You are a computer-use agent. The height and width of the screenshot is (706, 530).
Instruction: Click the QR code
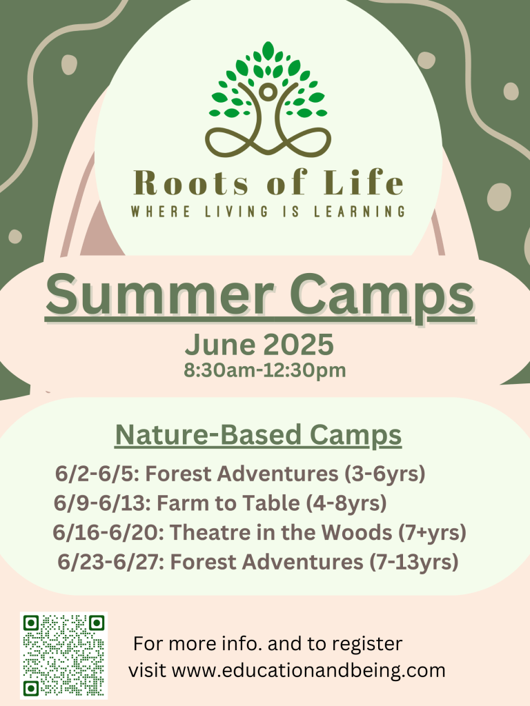tap(63, 655)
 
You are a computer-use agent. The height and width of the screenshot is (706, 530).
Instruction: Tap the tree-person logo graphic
tap(268, 99)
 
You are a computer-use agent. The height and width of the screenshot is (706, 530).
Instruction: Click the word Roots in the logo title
tap(191, 183)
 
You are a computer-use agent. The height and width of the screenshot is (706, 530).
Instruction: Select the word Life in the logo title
tap(363, 182)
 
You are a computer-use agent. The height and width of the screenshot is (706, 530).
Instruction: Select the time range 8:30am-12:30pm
tap(264, 370)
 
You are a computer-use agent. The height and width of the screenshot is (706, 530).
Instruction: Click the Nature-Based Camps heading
tap(258, 435)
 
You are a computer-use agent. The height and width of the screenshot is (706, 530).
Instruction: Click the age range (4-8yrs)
tap(346, 503)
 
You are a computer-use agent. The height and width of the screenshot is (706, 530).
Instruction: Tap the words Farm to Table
tap(228, 503)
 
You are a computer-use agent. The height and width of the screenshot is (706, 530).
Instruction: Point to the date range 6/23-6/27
tap(110, 562)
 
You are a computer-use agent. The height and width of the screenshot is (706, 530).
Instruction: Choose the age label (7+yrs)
tap(432, 533)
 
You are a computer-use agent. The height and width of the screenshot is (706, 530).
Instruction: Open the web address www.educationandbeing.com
tap(308, 670)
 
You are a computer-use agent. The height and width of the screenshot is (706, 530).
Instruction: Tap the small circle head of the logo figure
tap(268, 92)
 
